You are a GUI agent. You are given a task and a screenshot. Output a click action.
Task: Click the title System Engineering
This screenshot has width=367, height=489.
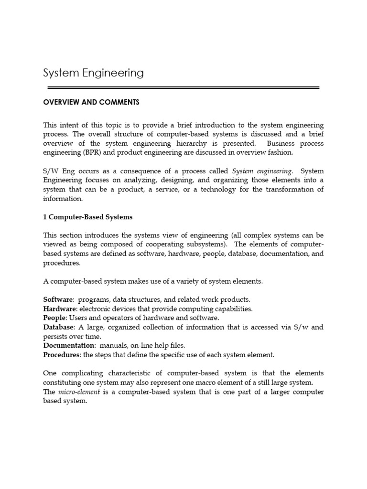93,73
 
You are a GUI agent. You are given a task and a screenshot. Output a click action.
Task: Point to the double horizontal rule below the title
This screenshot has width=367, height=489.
183,88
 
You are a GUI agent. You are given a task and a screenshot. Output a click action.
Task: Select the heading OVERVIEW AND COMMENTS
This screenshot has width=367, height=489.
91,102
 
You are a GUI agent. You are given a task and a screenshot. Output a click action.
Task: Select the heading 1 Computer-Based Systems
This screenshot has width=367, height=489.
88,217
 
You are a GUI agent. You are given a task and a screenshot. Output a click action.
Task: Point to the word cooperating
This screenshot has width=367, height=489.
169,244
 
